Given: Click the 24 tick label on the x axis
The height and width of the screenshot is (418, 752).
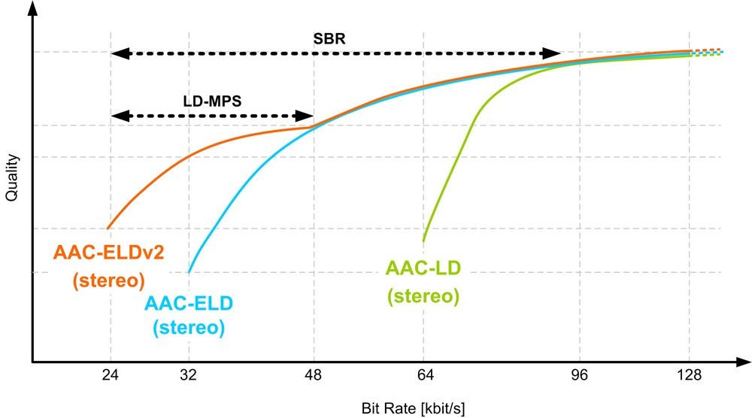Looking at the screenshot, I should [x=111, y=377].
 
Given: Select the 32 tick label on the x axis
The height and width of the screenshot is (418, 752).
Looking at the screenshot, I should [x=189, y=377].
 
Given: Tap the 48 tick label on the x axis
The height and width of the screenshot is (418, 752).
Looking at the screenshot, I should [x=314, y=377].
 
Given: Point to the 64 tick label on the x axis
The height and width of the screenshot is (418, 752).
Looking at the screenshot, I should [x=424, y=377].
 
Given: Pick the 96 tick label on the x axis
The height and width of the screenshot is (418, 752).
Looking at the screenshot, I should [x=578, y=377].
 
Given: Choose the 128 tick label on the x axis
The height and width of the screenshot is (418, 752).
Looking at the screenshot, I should [x=690, y=377].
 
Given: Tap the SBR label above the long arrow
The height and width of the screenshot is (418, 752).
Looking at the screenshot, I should [x=329, y=38].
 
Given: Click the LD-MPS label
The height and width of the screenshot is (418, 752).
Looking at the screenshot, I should [x=212, y=100].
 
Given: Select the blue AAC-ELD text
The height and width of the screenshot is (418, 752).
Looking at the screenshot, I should [x=188, y=304].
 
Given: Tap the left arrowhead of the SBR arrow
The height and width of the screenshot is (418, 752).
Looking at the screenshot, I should [x=117, y=53].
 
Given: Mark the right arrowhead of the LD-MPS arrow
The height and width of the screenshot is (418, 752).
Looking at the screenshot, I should [x=307, y=116].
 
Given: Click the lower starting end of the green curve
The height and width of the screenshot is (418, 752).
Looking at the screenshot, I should [x=423, y=241].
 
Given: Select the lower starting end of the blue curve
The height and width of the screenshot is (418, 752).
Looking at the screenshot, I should [x=189, y=272].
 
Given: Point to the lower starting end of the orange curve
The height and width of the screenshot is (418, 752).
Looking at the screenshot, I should [x=108, y=228].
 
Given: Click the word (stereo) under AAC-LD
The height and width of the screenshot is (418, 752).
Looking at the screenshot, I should [x=423, y=295].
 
